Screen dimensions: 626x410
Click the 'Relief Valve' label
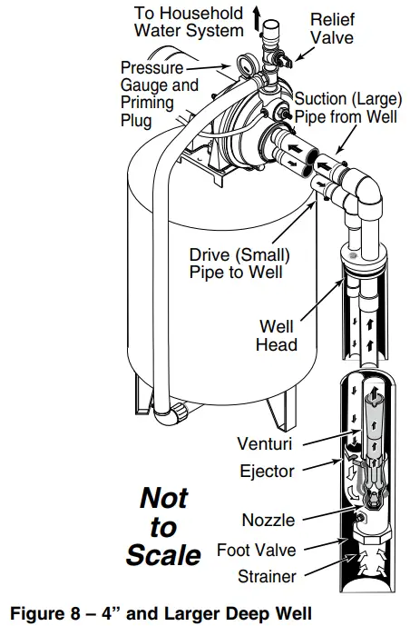[333, 27]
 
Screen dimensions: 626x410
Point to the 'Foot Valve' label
[257, 549]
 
